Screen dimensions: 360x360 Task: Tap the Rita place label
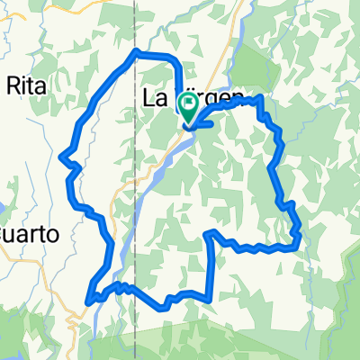tap(26, 86)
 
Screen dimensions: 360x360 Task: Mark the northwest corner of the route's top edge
tap(135, 51)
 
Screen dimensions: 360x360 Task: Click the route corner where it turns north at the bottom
tap(211, 295)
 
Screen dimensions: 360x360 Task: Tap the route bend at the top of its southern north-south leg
tap(210, 232)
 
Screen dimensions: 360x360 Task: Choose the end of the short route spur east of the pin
tap(212, 124)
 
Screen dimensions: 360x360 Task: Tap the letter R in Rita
tap(12, 86)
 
